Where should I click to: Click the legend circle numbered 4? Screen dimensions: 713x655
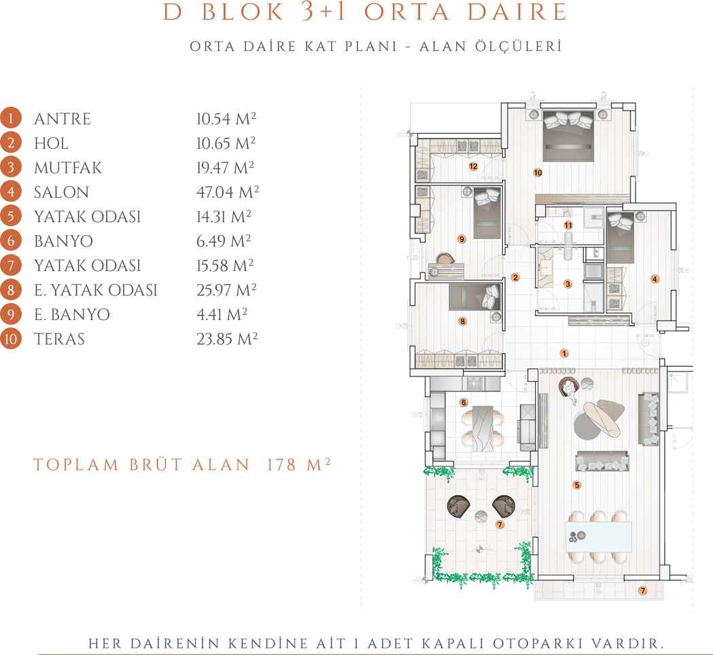[11, 192]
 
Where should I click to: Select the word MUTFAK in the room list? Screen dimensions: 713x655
[68, 168]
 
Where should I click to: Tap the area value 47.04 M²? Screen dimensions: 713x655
[228, 192]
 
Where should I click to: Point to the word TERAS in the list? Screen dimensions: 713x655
[59, 339]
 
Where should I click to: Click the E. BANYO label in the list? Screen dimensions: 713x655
[72, 315]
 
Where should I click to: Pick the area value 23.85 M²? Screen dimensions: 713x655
[227, 339]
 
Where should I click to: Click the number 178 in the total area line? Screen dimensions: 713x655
[281, 465]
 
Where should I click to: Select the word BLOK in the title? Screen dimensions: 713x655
[243, 12]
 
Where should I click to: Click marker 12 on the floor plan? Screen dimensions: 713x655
[473, 166]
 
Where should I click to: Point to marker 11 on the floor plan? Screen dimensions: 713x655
[568, 225]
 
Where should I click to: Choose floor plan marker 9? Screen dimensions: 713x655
[462, 239]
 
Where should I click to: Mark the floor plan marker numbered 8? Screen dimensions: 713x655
[462, 321]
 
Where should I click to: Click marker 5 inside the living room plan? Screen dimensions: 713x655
[577, 485]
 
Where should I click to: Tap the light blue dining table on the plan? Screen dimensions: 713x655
[599, 537]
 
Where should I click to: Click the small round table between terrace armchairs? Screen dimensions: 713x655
[481, 516]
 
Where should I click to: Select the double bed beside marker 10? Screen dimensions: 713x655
[568, 136]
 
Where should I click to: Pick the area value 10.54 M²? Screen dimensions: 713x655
[226, 119]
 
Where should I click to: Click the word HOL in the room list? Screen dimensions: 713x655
[52, 143]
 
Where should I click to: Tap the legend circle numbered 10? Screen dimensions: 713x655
[11, 339]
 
